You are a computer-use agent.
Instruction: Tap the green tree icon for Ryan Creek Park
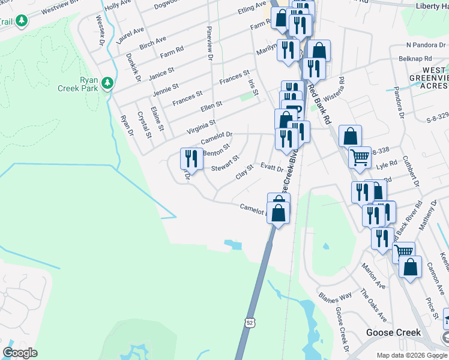point(107,82)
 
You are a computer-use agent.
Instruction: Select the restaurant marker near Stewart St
point(191,159)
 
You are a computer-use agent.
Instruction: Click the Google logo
point(20,353)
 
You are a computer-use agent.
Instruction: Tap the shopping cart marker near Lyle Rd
point(360,158)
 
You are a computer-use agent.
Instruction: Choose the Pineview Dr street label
point(210,42)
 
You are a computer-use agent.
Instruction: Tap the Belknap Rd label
point(415,59)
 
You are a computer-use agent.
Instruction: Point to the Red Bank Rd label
point(319,103)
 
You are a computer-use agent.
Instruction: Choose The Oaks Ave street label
point(373,305)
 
